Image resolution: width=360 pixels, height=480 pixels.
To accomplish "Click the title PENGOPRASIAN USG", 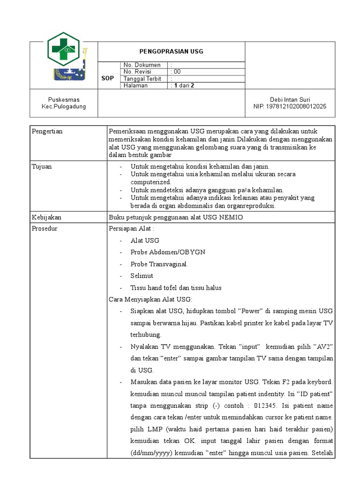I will pyautogui.click(x=171, y=52).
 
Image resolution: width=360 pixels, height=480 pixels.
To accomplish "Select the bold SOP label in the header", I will pyautogui.click(x=108, y=78).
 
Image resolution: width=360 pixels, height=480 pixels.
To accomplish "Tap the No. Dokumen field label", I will pyautogui.click(x=142, y=65).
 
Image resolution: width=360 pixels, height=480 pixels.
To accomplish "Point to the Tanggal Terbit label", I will pyautogui.click(x=142, y=79).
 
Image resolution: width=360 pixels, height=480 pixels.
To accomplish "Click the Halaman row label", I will pyautogui.click(x=135, y=86).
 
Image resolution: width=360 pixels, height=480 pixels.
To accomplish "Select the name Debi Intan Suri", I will pyautogui.click(x=290, y=99).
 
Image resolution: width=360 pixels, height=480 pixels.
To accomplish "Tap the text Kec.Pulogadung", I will pyautogui.click(x=64, y=106).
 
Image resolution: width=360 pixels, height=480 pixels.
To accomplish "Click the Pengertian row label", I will pyautogui.click(x=47, y=131).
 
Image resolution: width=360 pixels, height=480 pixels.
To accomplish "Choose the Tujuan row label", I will pyautogui.click(x=42, y=166).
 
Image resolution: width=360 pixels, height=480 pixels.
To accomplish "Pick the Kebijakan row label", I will pyautogui.click(x=46, y=217).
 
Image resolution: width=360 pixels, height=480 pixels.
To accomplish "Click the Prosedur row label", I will pyautogui.click(x=45, y=229).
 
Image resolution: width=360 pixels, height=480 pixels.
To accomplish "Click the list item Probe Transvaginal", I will pyautogui.click(x=159, y=264).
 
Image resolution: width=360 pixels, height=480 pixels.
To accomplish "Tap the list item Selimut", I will pyautogui.click(x=142, y=276).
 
